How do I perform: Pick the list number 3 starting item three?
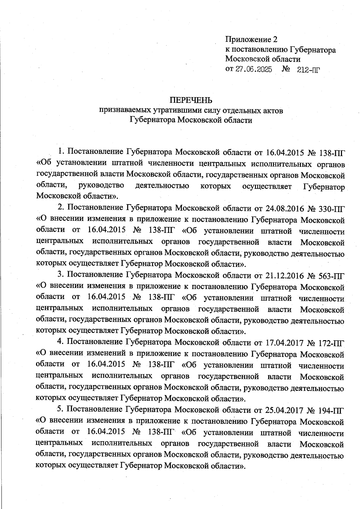pyautogui.click(x=59, y=275)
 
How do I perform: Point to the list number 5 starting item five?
pyautogui.click(x=59, y=410)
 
